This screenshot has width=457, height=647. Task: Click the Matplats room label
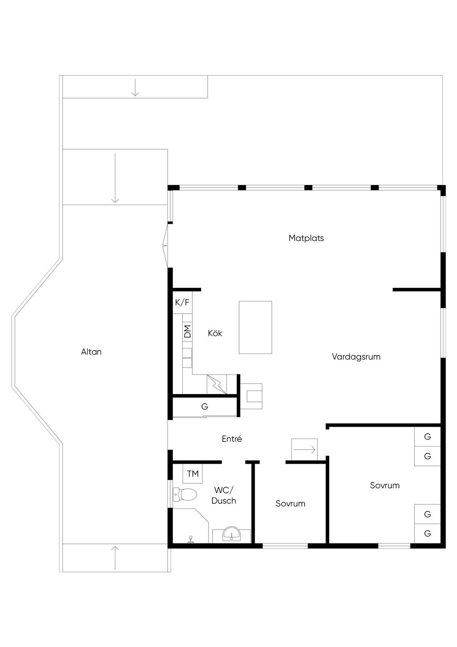point(306,238)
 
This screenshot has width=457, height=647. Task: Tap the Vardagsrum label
point(356,357)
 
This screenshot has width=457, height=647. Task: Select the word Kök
point(215,333)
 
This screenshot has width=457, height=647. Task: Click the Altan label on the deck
point(91,352)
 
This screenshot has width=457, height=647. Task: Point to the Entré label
point(232,439)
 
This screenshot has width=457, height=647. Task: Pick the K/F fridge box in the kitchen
point(182,303)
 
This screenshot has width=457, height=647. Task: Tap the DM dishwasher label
point(187,331)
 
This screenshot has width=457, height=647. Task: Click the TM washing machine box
point(193,474)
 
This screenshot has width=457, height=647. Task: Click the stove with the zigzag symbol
point(217,384)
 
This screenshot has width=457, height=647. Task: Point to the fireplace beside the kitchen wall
point(251,396)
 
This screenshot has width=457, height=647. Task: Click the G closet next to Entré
point(205,407)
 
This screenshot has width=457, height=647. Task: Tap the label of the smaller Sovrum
point(290,504)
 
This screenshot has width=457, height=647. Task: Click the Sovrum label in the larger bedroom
point(385,485)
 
